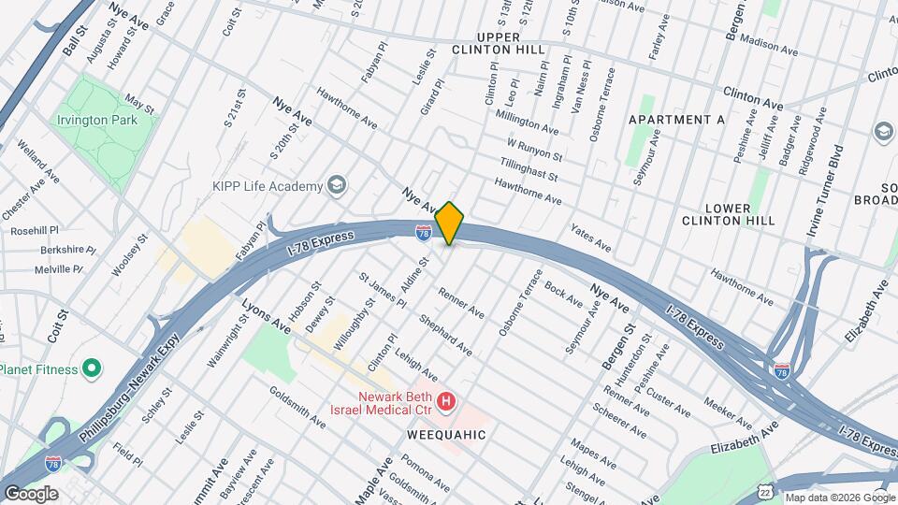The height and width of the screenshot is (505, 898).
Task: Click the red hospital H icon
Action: (x=447, y=403)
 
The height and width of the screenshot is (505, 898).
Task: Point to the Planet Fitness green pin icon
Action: (x=92, y=368)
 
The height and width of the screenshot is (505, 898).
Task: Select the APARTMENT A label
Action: (x=676, y=120)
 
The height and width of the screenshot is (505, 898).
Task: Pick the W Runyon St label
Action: (x=533, y=150)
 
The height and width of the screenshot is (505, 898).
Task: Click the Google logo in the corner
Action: (x=31, y=493)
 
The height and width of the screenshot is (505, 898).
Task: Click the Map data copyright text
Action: (x=839, y=498)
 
